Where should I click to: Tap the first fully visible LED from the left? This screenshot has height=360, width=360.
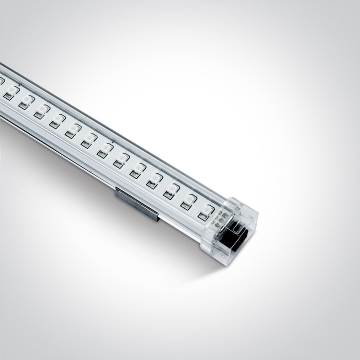click(11, 92)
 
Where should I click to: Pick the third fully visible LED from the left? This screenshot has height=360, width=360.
click(42, 111)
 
